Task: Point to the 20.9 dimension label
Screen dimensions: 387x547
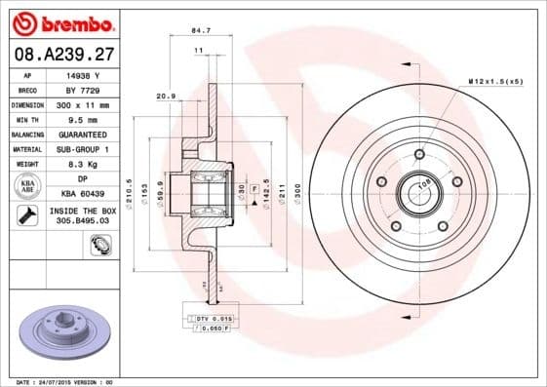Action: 165,97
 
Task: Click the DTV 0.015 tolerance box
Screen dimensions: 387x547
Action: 211,319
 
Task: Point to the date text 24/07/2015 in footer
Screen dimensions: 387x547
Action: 60,382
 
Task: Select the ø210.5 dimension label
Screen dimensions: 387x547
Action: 130,188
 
